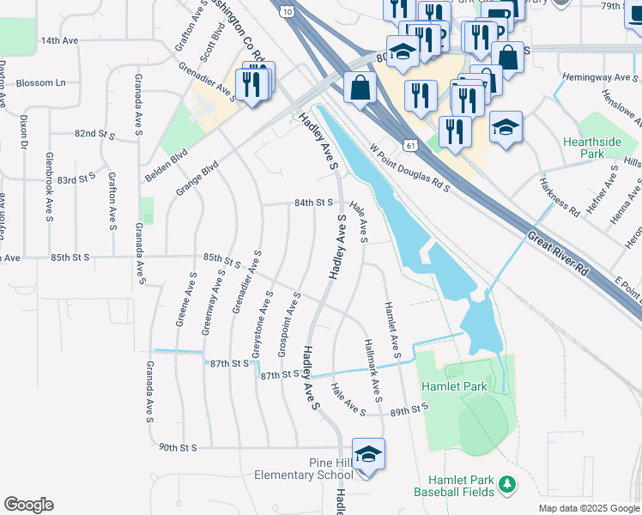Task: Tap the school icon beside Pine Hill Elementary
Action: click(x=368, y=455)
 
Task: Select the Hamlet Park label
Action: click(x=454, y=386)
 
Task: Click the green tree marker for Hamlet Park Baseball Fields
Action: click(x=506, y=486)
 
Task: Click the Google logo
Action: click(x=28, y=505)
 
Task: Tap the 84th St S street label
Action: click(x=313, y=203)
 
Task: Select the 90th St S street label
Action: click(x=179, y=447)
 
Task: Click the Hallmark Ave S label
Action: click(x=372, y=367)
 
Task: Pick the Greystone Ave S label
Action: click(x=263, y=324)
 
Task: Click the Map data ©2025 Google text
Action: click(x=589, y=508)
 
